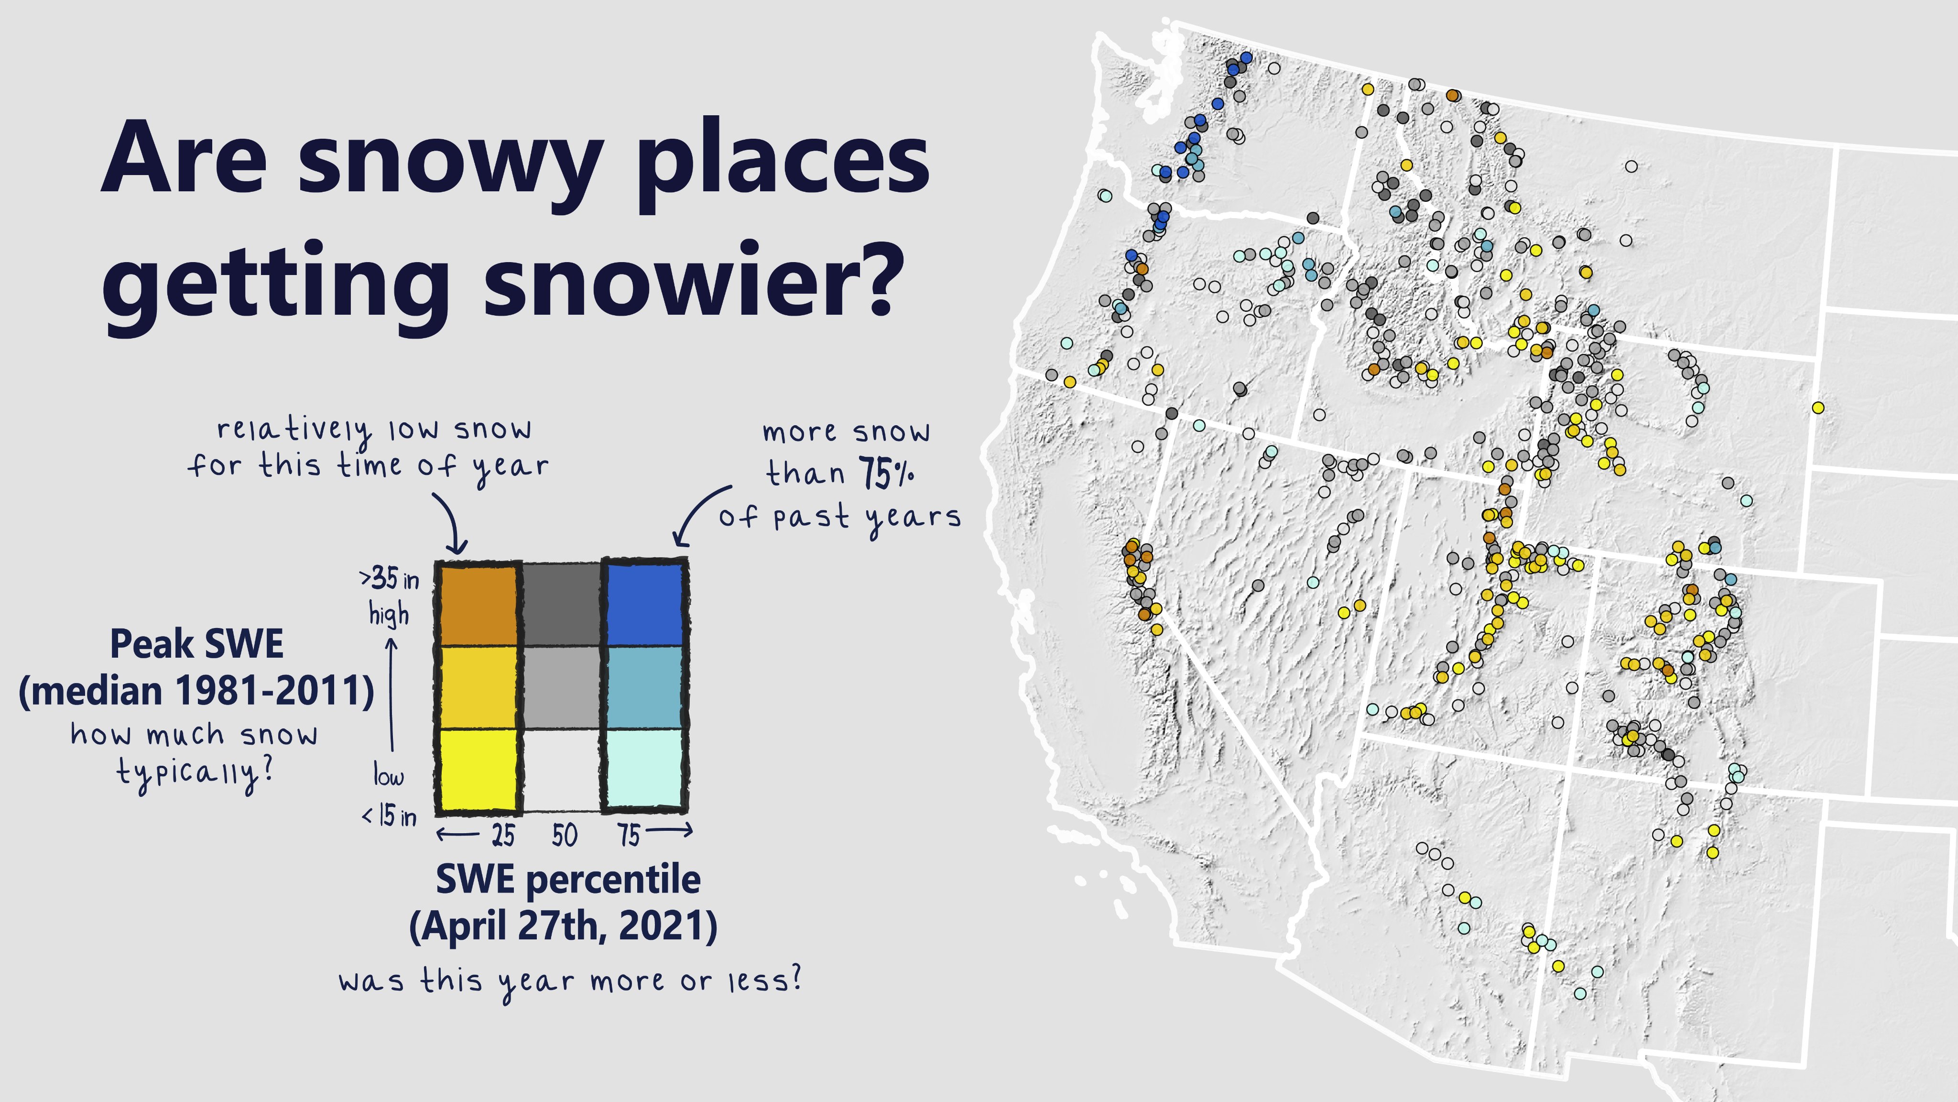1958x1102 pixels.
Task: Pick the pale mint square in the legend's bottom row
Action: (644, 768)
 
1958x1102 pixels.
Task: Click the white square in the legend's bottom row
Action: (562, 768)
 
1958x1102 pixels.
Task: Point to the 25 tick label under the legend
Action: (502, 835)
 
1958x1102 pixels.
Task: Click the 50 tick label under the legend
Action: (565, 835)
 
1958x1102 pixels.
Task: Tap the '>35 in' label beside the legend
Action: (389, 580)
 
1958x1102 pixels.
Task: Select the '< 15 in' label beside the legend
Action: (389, 816)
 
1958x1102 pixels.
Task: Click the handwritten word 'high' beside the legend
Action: (389, 614)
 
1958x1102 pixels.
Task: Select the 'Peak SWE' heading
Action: (197, 644)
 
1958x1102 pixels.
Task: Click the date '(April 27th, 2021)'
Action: (563, 926)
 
